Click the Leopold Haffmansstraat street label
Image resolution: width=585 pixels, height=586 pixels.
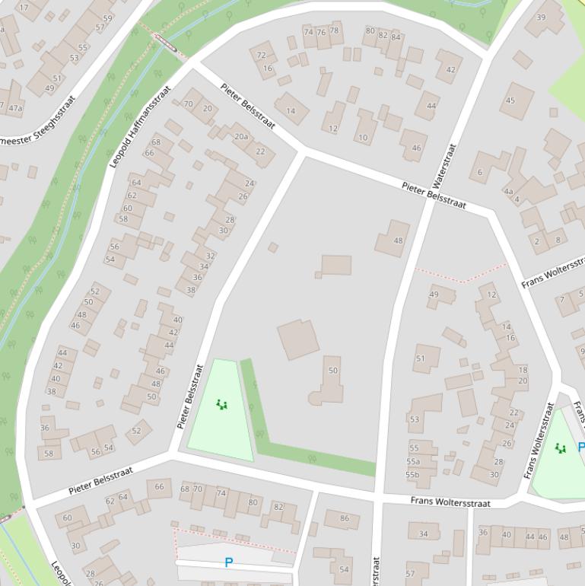tap(140, 127)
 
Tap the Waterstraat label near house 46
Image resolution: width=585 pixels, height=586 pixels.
tap(444, 165)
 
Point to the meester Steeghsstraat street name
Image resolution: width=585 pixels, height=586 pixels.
tap(38, 121)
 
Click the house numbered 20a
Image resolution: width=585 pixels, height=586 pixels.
tap(241, 137)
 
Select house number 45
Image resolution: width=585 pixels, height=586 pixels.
tap(510, 100)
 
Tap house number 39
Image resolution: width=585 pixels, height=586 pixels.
tap(541, 18)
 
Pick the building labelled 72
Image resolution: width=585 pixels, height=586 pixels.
tap(262, 56)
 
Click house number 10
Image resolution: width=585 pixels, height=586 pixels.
tap(363, 138)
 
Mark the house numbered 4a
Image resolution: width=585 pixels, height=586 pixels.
tap(508, 192)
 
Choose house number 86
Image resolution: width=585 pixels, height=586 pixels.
tap(344, 519)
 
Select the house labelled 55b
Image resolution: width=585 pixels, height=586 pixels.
tap(412, 475)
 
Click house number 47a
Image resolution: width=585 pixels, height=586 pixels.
tap(15, 108)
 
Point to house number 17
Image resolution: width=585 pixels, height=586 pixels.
tap(23, 8)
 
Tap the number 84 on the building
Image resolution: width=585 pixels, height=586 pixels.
tap(395, 36)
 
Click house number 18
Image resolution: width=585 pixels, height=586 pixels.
tap(523, 370)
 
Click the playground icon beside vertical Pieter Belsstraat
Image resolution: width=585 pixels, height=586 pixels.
tap(221, 404)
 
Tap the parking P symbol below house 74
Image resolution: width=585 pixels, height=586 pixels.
tap(228, 563)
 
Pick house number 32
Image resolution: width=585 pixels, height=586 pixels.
tap(210, 256)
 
